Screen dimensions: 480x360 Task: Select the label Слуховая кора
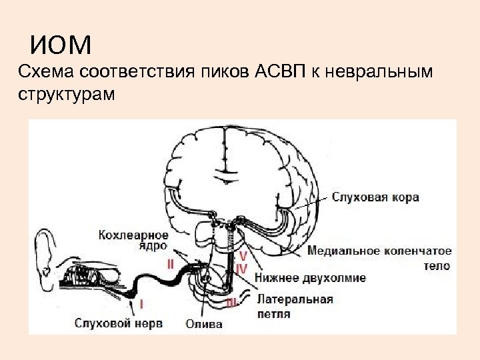tap(375, 197)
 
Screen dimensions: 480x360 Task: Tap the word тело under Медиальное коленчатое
tap(436, 266)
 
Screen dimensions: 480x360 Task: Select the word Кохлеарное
tap(133, 234)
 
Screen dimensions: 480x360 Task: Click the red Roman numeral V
tap(243, 256)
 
